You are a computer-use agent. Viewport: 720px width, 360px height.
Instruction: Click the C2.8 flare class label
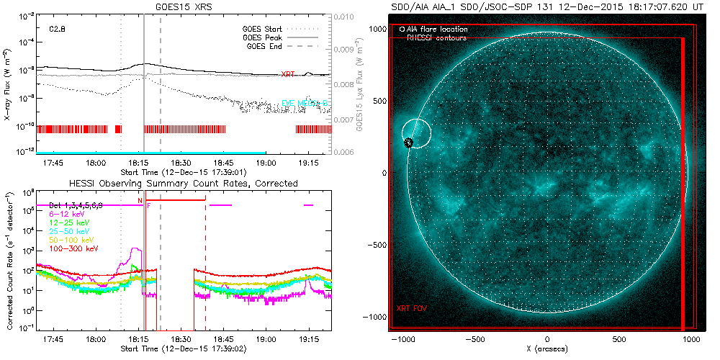(x=58, y=30)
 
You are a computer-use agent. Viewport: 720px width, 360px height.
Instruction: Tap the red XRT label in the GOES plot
(x=287, y=74)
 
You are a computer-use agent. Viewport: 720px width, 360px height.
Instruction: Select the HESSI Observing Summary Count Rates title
(x=183, y=184)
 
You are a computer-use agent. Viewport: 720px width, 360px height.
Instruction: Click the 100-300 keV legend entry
(x=70, y=248)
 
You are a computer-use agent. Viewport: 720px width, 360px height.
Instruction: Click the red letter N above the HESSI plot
(x=140, y=199)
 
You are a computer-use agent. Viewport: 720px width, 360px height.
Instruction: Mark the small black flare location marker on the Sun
(x=408, y=143)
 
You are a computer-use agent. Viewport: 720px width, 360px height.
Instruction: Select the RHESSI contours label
(x=436, y=37)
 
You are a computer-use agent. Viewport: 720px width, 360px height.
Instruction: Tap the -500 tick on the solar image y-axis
(x=377, y=245)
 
